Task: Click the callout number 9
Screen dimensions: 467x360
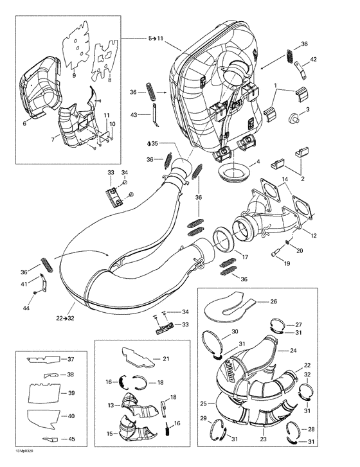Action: tap(73, 76)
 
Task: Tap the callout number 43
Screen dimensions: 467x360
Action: tap(133, 115)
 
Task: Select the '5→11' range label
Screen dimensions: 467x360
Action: tap(155, 39)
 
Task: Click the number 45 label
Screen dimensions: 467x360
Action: tap(71, 439)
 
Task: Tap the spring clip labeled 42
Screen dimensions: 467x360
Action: tap(296, 65)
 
